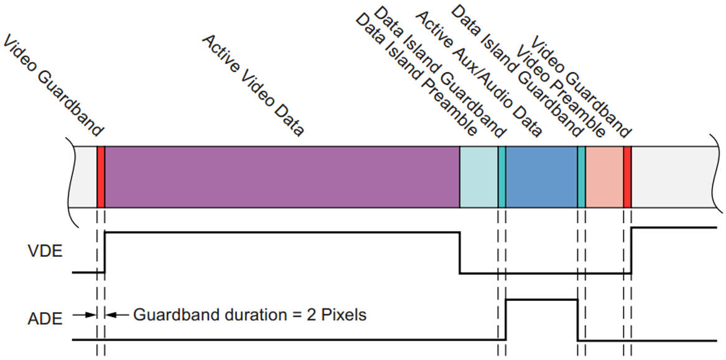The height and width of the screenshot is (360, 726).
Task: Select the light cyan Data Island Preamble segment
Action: (478, 177)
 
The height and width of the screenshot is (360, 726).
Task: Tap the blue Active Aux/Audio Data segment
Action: (541, 177)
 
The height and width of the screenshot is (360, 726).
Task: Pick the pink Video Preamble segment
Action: (604, 177)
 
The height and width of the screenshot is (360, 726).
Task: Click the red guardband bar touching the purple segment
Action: (101, 177)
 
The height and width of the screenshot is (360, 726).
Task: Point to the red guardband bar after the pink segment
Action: (627, 177)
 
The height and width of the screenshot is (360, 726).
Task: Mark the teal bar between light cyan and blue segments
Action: (501, 177)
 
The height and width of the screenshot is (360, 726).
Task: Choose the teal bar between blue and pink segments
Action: (582, 177)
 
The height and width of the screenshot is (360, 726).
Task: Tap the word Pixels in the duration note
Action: (343, 315)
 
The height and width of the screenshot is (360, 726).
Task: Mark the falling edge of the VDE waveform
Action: (460, 252)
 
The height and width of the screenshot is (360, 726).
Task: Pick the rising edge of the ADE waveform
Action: (506, 320)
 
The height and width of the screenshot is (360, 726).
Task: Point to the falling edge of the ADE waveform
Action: (578, 320)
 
